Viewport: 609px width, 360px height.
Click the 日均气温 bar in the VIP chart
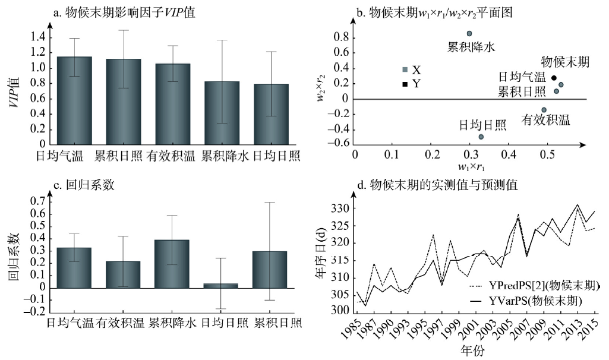[74, 101]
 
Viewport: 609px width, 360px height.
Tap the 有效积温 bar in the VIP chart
[173, 104]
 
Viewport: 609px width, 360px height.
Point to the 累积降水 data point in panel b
[469, 34]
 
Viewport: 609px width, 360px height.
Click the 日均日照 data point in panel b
[481, 137]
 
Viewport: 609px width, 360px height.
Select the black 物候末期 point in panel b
[554, 78]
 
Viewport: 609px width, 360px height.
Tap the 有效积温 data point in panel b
[544, 110]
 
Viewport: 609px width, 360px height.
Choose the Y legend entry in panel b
[411, 84]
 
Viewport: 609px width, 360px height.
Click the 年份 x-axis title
[472, 351]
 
